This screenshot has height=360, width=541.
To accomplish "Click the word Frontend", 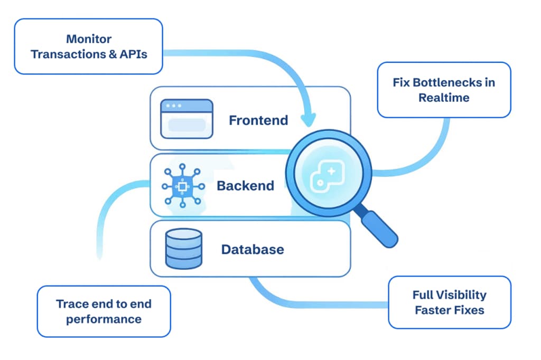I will [x=258, y=120].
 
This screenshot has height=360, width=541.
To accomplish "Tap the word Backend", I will [x=245, y=186].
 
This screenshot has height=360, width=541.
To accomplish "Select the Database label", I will [x=252, y=249].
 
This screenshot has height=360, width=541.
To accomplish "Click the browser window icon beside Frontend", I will [x=186, y=119].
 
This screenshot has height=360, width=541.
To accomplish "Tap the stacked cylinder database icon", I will [x=183, y=249].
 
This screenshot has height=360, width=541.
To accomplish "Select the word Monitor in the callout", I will [x=88, y=39].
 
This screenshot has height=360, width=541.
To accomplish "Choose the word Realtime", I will [x=444, y=98].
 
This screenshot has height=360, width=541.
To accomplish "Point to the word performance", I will [x=104, y=319].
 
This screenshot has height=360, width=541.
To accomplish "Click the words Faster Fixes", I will [x=449, y=310].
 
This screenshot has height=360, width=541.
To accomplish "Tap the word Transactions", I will [x=66, y=54].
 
